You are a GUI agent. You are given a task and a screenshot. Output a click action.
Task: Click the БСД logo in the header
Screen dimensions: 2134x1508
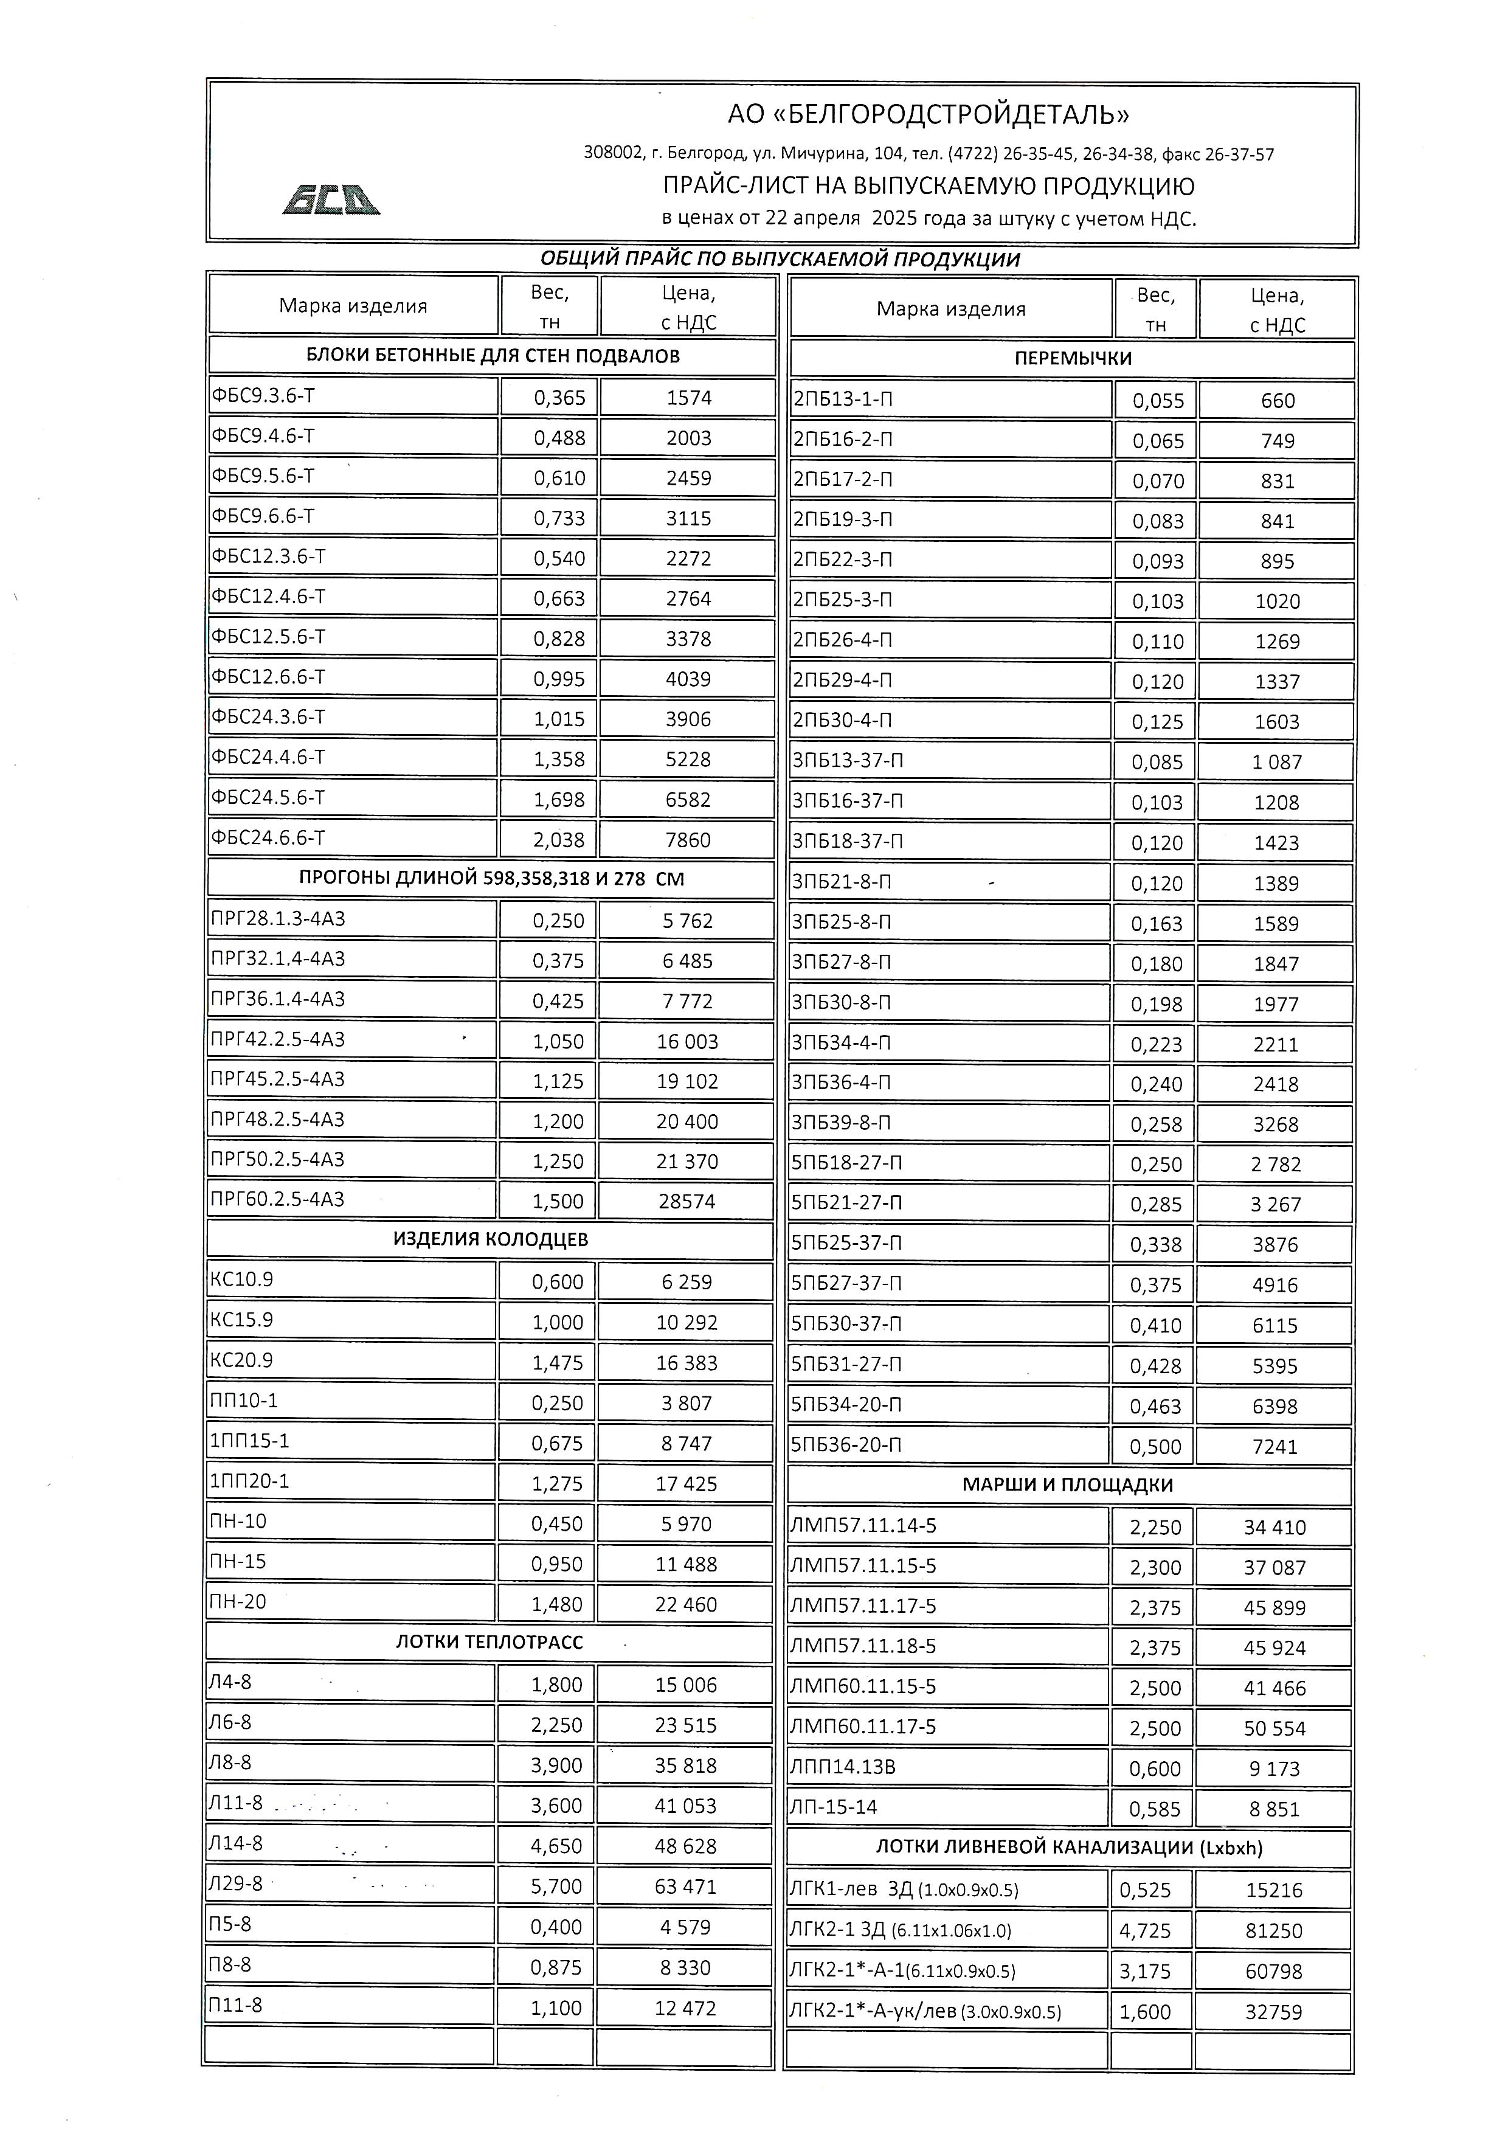[x=331, y=199]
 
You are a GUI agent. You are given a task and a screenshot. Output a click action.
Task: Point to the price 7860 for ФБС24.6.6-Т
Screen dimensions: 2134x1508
[x=688, y=839]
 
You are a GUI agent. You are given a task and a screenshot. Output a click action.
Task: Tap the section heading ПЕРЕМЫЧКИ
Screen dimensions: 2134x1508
[x=1072, y=359]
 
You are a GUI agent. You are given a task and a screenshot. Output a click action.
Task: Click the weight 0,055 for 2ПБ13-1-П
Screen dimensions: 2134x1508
[x=1158, y=401]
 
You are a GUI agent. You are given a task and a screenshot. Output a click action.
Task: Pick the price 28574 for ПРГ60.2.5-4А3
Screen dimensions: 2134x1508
[x=687, y=1201]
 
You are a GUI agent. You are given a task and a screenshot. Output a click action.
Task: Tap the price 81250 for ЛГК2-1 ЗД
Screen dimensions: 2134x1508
[x=1273, y=1930]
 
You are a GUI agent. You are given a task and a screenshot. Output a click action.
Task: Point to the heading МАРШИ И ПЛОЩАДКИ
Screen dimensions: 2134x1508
[x=1068, y=1485]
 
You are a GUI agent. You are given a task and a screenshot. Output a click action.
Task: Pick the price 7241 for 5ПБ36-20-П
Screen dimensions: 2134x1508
[x=1274, y=1446]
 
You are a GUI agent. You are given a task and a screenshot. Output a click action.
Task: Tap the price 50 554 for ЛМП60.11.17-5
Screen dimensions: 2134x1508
[x=1274, y=1729]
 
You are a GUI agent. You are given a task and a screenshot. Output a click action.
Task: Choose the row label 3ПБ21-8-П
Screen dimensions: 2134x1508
[x=841, y=881]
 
